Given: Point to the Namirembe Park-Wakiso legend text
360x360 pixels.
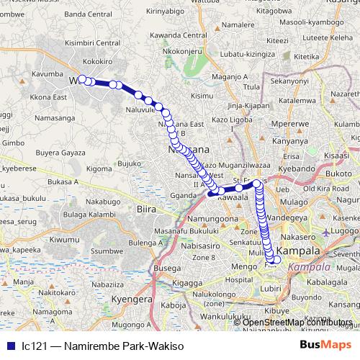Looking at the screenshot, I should [x=101, y=346].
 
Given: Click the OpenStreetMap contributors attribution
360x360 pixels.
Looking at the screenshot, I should [x=293, y=322].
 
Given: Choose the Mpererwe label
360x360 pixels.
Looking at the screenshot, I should [x=290, y=124].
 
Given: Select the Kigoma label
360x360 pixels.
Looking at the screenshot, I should [x=102, y=169].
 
